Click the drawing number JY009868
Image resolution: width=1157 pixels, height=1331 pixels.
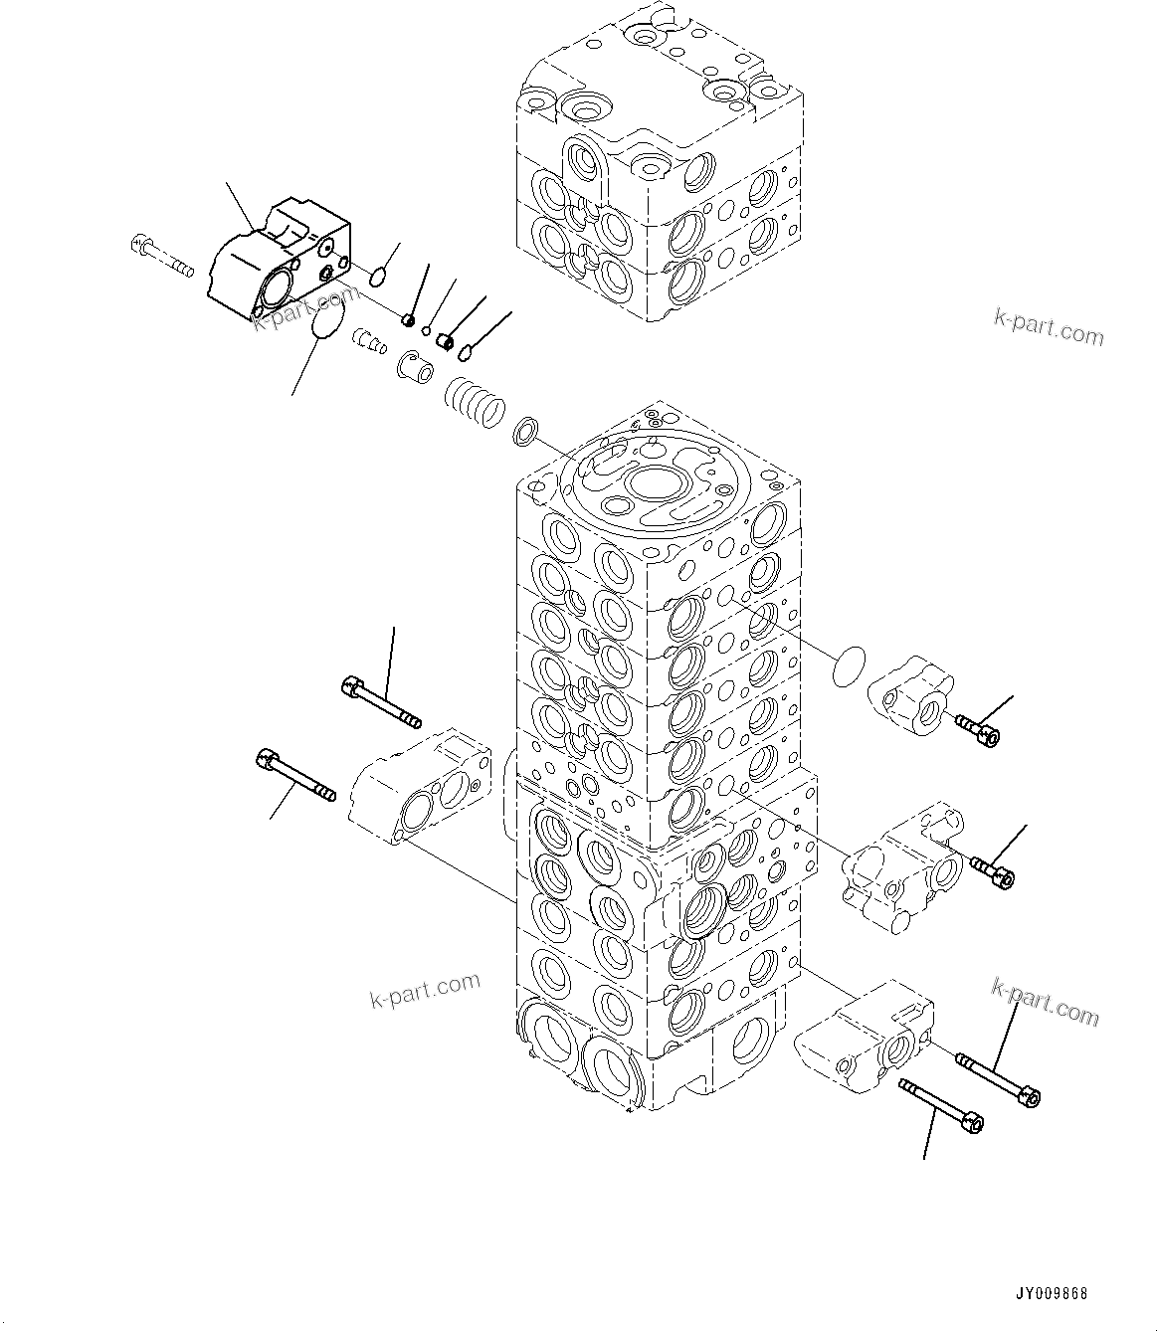1052,1294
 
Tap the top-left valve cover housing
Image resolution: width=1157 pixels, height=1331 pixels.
279,259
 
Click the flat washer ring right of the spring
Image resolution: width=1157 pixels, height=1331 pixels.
526,432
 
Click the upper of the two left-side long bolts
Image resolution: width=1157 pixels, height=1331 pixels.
380,701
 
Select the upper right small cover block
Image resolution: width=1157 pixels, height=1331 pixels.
912,694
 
